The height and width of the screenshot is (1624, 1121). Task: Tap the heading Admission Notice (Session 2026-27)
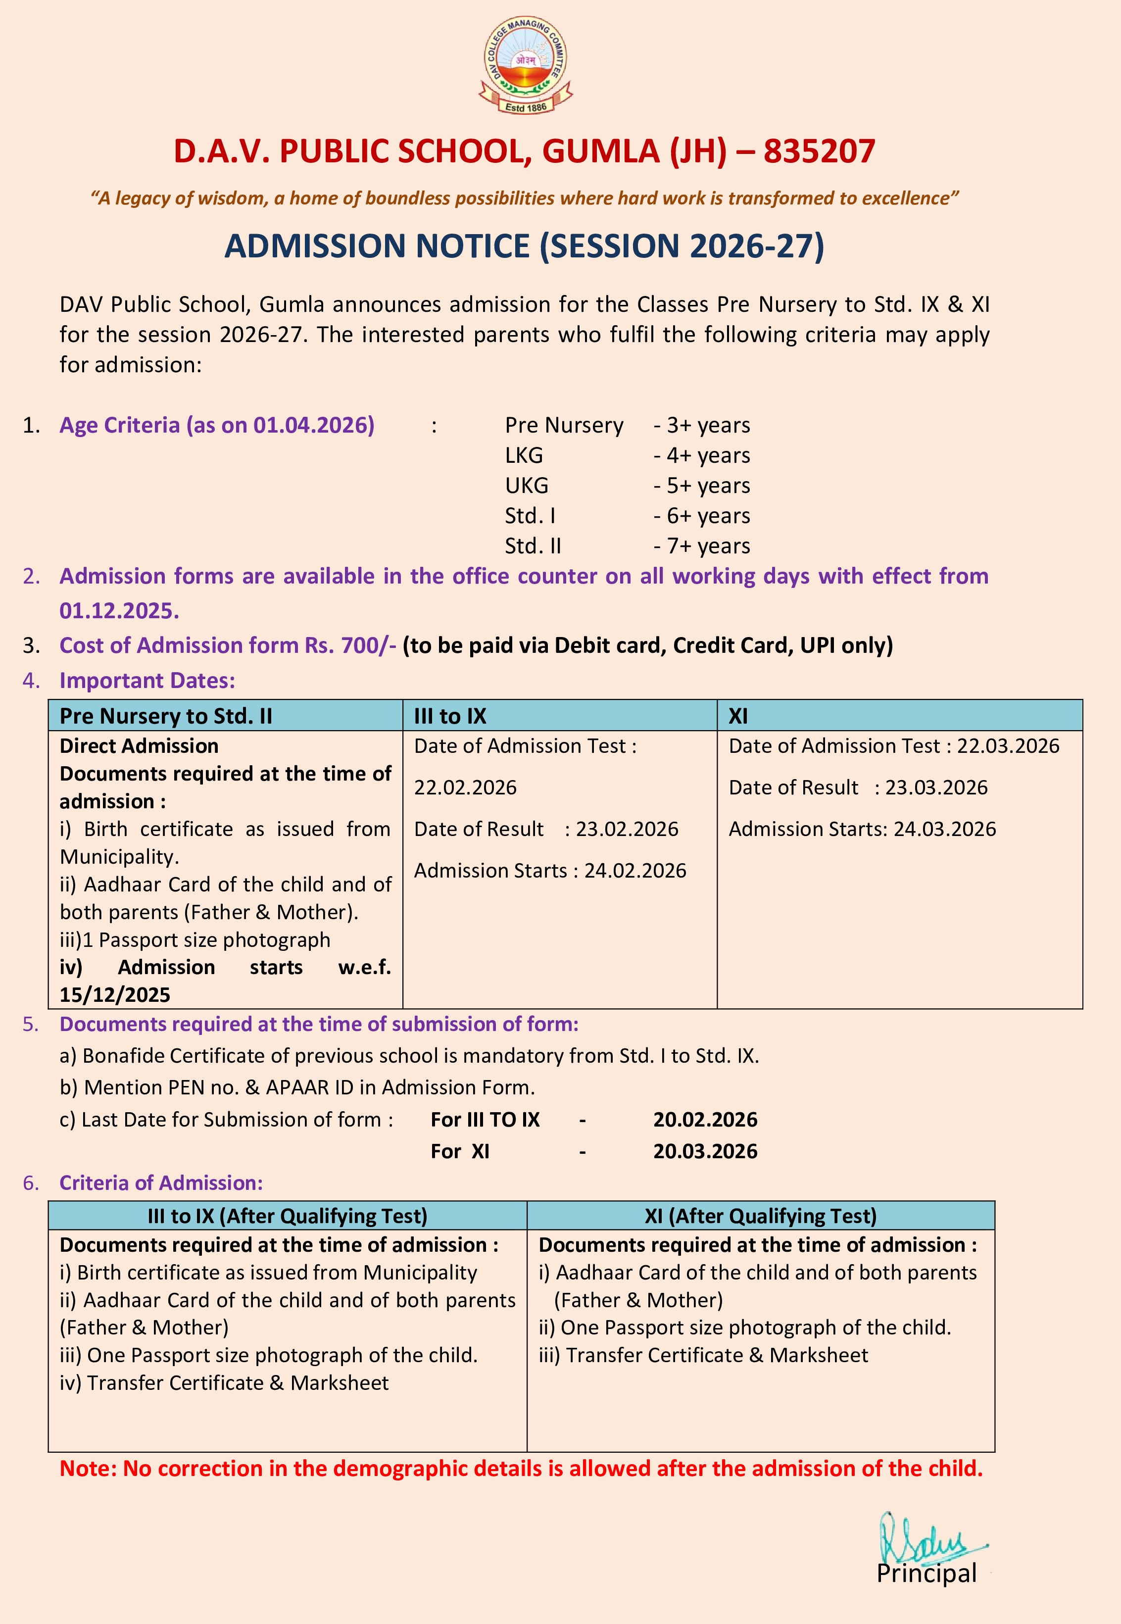tap(524, 246)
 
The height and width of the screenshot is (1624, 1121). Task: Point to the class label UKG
tap(526, 486)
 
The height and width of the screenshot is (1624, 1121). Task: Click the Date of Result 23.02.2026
tap(627, 830)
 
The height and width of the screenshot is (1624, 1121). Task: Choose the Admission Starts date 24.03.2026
tap(944, 830)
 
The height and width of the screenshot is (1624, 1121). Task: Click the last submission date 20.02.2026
tap(705, 1120)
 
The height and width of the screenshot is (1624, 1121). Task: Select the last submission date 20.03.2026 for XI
tap(705, 1152)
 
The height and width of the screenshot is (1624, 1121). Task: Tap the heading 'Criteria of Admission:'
tap(161, 1183)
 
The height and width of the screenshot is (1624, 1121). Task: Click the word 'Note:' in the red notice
tap(88, 1469)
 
